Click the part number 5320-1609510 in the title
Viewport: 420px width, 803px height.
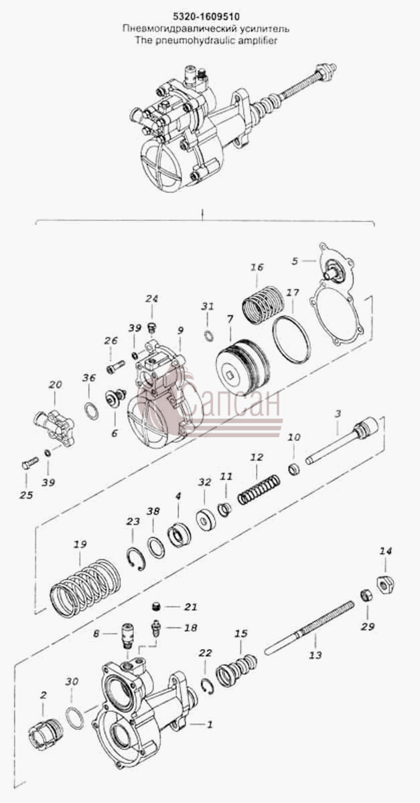206,17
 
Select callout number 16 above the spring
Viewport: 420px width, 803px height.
257,267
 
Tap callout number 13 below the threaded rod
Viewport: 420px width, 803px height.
316,655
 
